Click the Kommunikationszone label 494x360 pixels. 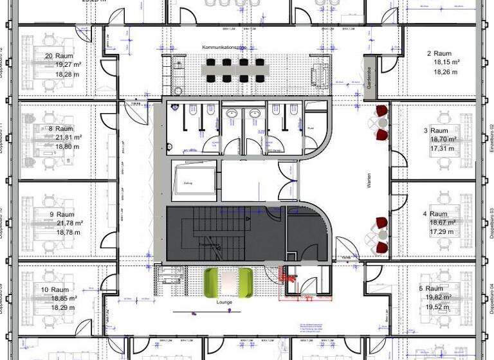click(224, 48)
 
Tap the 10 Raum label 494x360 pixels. click(55, 290)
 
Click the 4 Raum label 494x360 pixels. click(435, 213)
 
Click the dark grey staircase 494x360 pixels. click(212, 235)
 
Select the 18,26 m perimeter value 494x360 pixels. click(443, 71)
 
